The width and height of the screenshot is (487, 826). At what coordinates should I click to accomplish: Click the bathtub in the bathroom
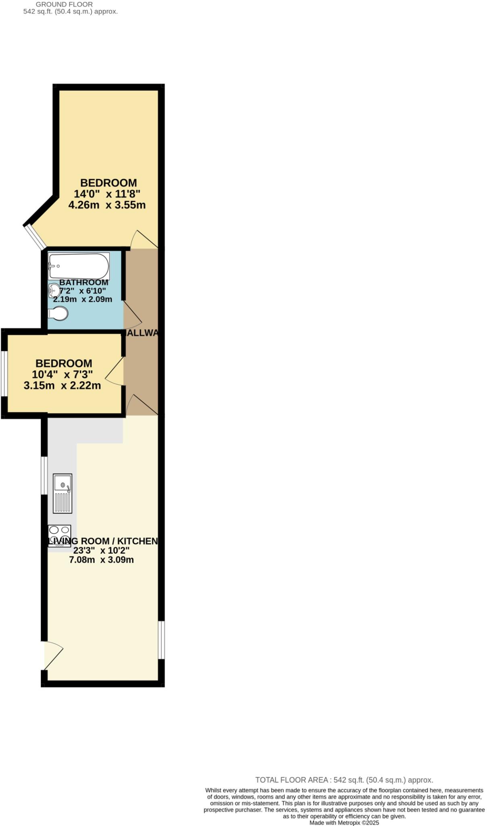(x=79, y=266)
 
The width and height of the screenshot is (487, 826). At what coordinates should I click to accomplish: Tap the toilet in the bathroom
(x=58, y=313)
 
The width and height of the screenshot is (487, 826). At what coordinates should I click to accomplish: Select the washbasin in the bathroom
(x=54, y=290)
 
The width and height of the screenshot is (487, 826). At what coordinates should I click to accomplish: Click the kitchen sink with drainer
(x=62, y=493)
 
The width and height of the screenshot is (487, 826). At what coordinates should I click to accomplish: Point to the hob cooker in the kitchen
(x=60, y=535)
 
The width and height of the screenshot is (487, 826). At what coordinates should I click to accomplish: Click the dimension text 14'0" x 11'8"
(x=107, y=194)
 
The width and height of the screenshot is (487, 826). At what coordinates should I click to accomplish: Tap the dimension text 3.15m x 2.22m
(x=62, y=386)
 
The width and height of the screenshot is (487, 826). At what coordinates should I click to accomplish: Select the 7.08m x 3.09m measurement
(x=101, y=560)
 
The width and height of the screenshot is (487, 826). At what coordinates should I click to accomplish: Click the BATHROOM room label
(x=84, y=282)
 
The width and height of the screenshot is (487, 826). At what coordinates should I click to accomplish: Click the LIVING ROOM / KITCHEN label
(x=102, y=541)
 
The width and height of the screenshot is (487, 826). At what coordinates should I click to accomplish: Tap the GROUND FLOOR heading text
(x=64, y=4)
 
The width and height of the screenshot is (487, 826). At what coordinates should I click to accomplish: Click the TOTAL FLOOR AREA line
(x=344, y=780)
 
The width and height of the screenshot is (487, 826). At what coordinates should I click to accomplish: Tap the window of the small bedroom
(x=4, y=374)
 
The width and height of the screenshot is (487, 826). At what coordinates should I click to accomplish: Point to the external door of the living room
(x=52, y=655)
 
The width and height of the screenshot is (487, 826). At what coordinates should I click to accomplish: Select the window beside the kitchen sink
(x=44, y=476)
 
